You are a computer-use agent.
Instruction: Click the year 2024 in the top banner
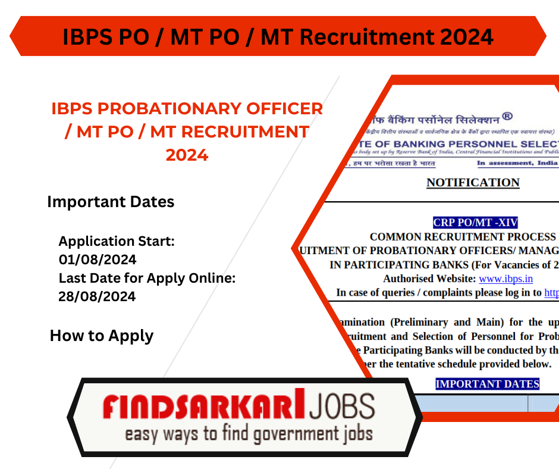click(466, 37)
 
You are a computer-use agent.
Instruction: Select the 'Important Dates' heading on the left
click(111, 202)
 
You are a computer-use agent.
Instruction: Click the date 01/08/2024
click(97, 259)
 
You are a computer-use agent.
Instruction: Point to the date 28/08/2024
click(97, 296)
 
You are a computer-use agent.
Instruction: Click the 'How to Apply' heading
click(102, 336)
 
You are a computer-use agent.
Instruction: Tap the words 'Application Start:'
click(117, 242)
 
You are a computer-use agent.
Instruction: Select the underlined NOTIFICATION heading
click(473, 183)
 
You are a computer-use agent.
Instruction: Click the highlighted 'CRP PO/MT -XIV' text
click(475, 223)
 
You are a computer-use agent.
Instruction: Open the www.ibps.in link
click(505, 279)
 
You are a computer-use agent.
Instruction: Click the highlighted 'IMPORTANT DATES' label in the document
click(487, 384)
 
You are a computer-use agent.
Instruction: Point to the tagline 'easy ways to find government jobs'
click(249, 434)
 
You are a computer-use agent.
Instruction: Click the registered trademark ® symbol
click(507, 116)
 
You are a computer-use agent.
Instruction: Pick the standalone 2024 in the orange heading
click(187, 155)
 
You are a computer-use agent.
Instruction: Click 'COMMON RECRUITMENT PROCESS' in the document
click(463, 237)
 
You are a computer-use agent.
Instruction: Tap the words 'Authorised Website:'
click(429, 279)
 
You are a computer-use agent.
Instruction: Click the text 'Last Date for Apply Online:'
click(147, 278)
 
